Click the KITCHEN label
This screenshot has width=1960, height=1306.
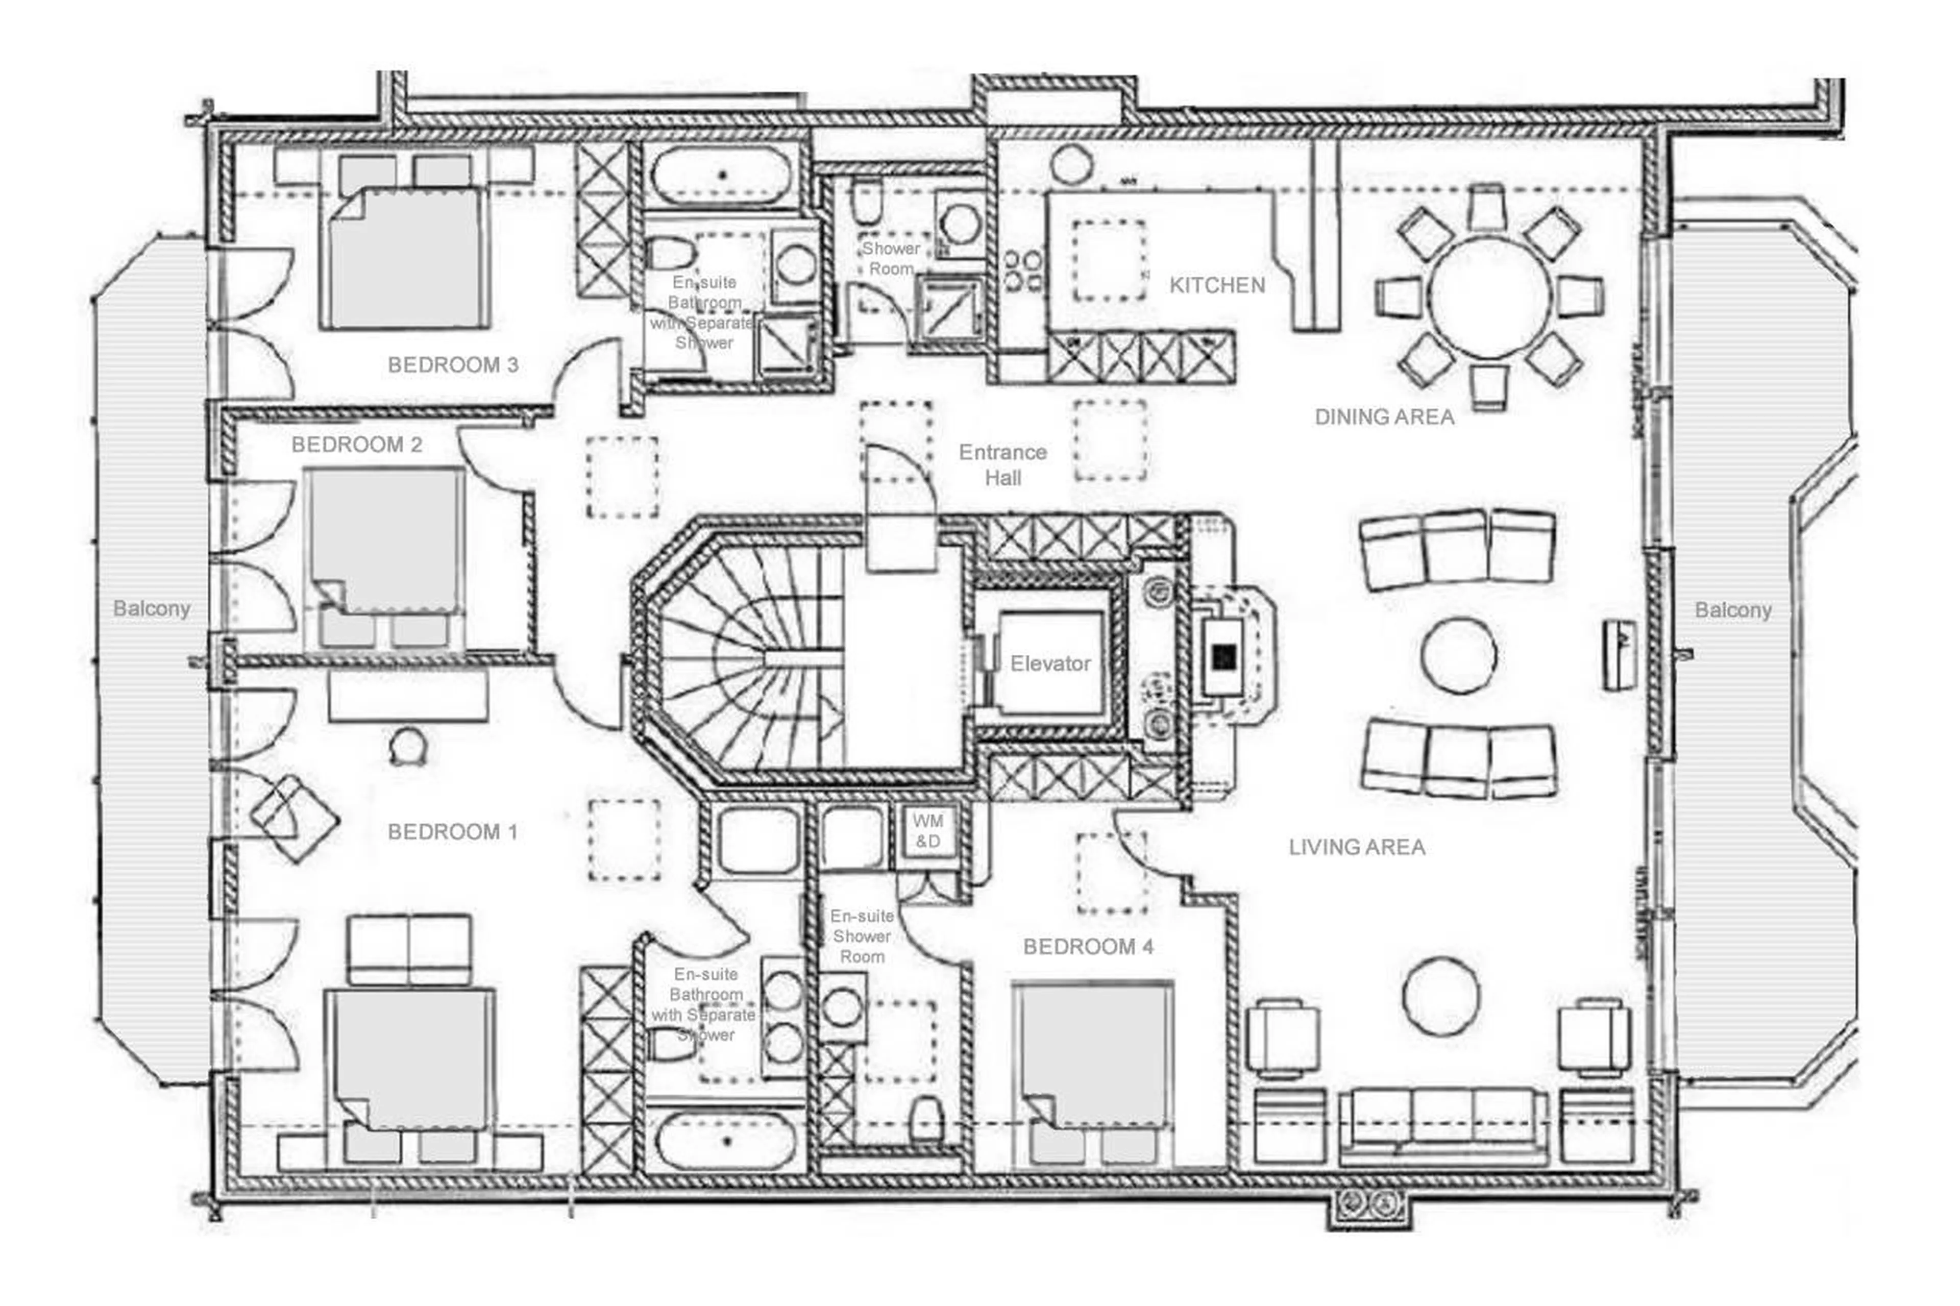click(x=1216, y=286)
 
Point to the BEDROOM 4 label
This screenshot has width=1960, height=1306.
click(x=1087, y=947)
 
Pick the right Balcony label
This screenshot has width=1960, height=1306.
click(x=1732, y=610)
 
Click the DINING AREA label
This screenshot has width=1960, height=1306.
click(x=1384, y=417)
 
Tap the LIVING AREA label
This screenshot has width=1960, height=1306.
click(x=1356, y=848)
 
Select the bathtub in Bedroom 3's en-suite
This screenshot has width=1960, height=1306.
click(x=721, y=176)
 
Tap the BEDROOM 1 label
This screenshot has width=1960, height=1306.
click(x=452, y=832)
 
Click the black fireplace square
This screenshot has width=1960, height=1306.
click(x=1223, y=657)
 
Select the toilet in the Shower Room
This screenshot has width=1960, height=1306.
click(x=866, y=200)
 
